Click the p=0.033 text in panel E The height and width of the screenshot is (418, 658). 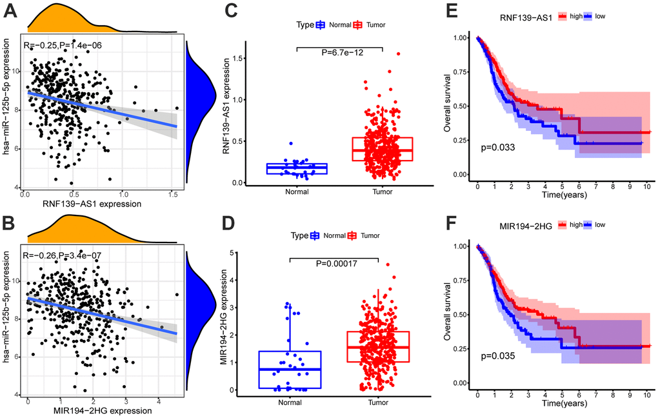tap(498, 147)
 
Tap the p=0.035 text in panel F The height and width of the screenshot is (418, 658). tap(498, 355)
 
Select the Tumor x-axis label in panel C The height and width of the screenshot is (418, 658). tap(383, 191)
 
